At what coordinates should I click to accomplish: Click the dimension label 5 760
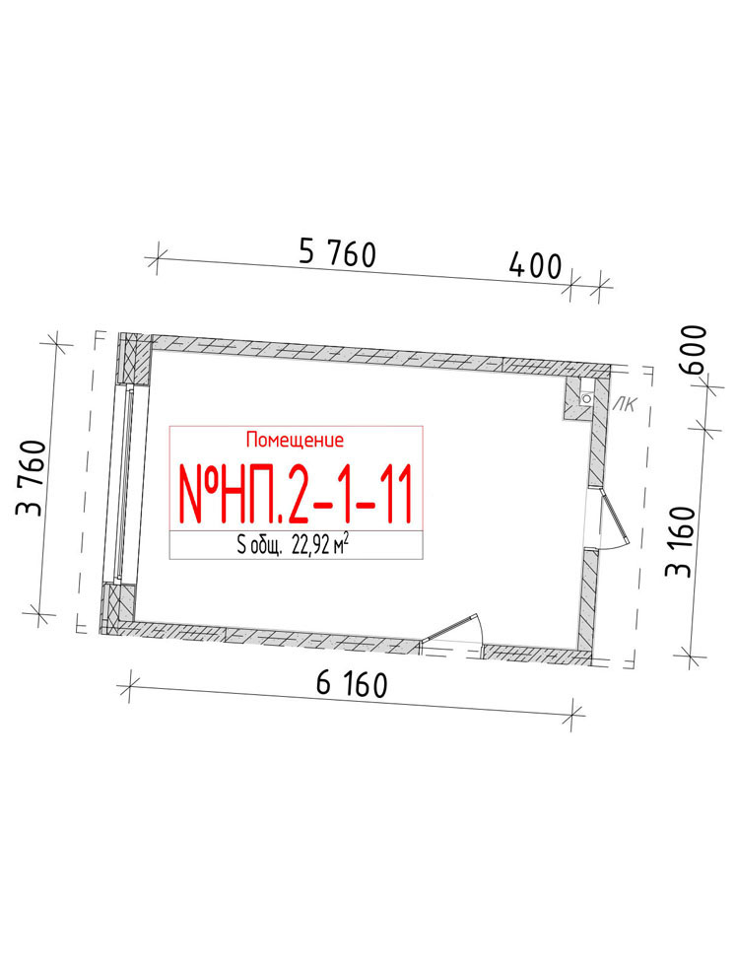337,253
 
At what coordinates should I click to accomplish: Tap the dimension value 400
535,266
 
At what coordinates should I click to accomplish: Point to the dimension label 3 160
680,542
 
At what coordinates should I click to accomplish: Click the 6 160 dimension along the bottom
352,684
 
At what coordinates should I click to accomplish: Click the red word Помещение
296,440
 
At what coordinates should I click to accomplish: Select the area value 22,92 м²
324,545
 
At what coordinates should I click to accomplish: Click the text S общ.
260,546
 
